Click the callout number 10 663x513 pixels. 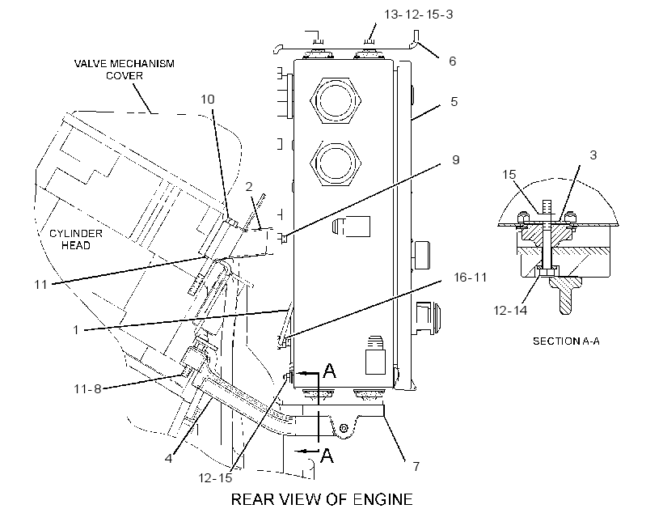point(208,100)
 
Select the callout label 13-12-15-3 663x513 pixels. point(418,15)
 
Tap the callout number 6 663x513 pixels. point(453,61)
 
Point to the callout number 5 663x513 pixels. point(454,102)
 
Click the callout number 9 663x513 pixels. point(456,160)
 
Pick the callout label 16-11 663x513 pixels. point(471,278)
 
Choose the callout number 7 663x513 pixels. point(416,466)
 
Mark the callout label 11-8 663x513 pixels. point(87,389)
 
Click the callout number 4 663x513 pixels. point(169,459)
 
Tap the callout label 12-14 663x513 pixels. point(510,311)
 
